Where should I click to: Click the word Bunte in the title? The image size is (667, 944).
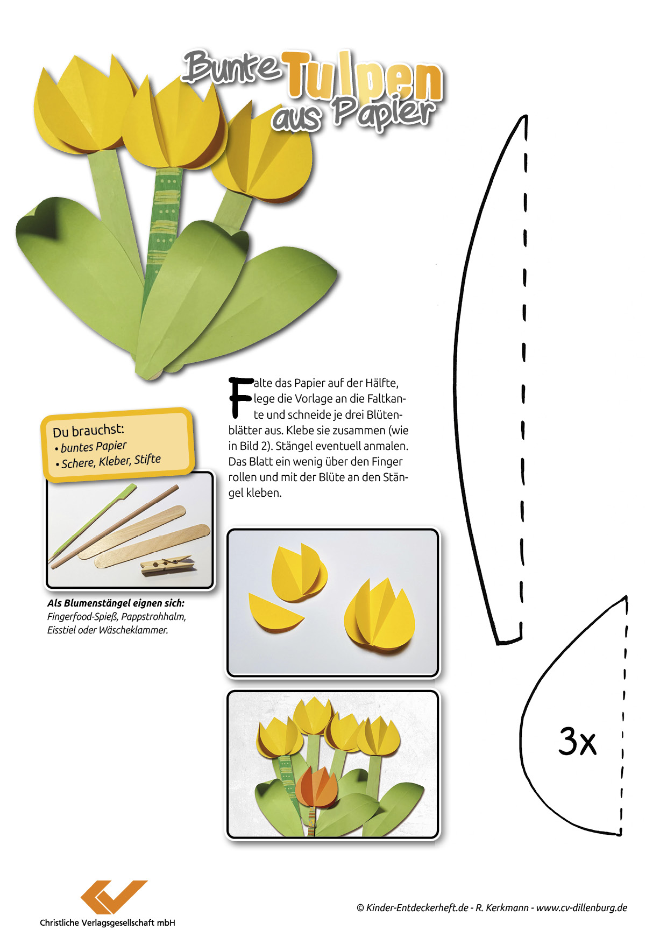coord(232,67)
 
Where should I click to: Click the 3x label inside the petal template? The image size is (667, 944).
coord(577,741)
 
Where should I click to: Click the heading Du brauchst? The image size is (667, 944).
coord(88,431)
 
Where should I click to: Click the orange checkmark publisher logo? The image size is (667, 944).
coord(113,897)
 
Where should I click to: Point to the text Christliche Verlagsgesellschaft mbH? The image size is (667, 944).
coord(108,922)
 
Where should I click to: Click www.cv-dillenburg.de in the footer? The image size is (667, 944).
coord(581,907)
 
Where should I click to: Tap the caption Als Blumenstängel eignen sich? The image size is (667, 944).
coord(116,603)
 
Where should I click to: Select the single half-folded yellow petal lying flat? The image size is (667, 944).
coord(275,611)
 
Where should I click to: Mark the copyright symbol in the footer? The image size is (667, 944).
coord(360,908)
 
